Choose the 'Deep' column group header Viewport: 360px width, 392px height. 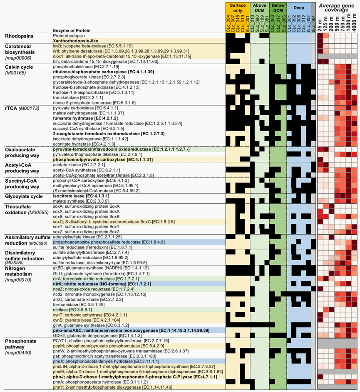(298, 8)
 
